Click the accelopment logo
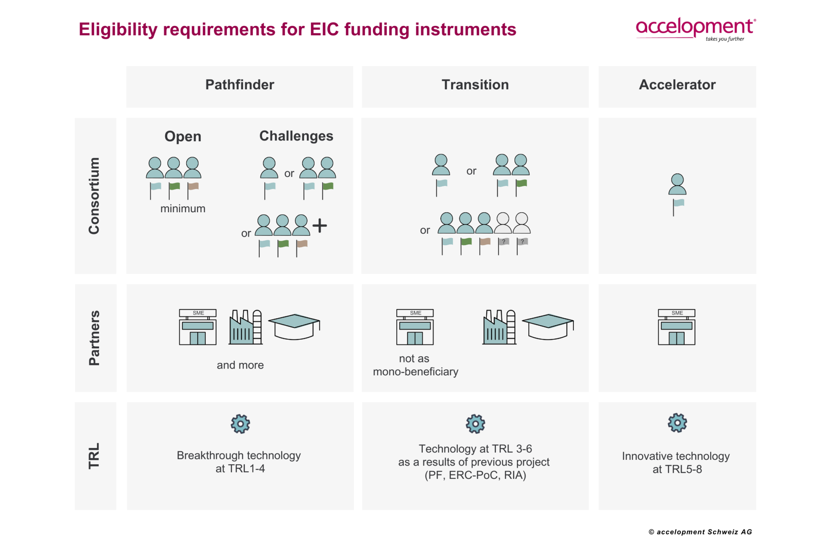(695, 28)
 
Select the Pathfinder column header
(239, 85)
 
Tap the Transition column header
(475, 85)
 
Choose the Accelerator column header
(677, 85)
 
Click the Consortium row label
(94, 196)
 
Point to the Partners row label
(94, 338)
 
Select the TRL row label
(94, 456)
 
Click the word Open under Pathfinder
(183, 136)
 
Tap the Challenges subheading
(296, 136)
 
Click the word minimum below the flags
(183, 209)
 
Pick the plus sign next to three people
(320, 225)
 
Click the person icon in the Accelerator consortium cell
(677, 185)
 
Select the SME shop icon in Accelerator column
(676, 327)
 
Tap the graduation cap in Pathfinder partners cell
(294, 326)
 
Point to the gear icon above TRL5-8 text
(677, 423)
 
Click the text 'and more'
(240, 365)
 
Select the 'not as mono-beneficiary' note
(415, 365)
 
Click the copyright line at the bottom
(700, 532)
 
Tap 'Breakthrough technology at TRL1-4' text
(239, 462)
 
